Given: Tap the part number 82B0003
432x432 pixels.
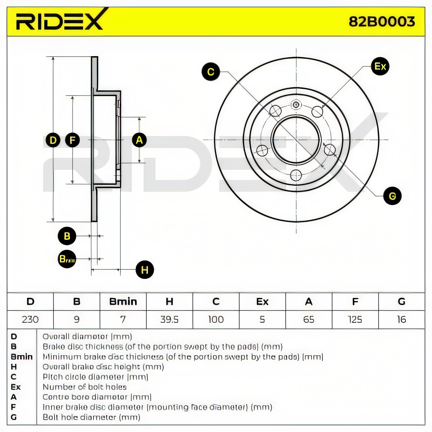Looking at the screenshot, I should (382, 22).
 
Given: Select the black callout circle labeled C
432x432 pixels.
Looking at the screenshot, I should (211, 72).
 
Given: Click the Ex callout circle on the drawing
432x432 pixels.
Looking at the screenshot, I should (380, 66).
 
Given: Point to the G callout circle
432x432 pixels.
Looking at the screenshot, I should (392, 196).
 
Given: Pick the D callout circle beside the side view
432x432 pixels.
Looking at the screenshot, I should (53, 140).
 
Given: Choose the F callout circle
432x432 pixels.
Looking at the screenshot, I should (72, 140).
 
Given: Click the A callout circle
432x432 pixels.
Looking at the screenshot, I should (139, 140).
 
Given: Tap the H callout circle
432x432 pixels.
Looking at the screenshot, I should (145, 269).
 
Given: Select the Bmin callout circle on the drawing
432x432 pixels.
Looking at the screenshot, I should (67, 259).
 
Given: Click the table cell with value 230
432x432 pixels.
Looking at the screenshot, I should (30, 319).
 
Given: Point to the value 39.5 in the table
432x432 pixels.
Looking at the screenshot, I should (169, 319).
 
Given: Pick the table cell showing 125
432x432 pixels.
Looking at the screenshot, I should (355, 319).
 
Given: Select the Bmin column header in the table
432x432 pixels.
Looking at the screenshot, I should (123, 301).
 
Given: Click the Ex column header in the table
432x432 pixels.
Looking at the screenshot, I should (262, 301).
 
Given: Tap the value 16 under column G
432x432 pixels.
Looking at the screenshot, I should (401, 319).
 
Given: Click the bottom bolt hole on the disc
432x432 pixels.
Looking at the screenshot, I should (296, 175).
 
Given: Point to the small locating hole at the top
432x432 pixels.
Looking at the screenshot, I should (296, 104).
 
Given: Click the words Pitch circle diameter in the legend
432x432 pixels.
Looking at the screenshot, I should (83, 377).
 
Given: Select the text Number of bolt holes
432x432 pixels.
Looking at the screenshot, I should (85, 387).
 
